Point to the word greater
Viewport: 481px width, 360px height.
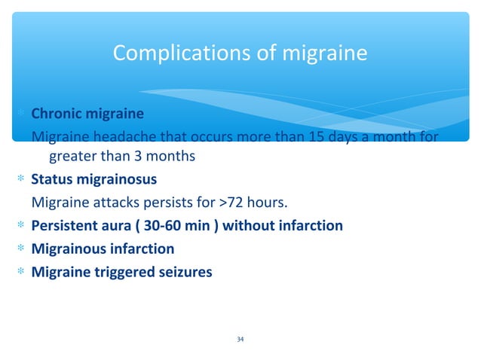pyautogui.click(x=75, y=157)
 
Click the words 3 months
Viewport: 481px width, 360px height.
pyautogui.click(x=163, y=157)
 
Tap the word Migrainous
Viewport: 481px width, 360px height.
pyautogui.click(x=67, y=249)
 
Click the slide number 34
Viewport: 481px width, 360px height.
pyautogui.click(x=240, y=340)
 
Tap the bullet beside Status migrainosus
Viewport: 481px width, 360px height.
pyautogui.click(x=23, y=180)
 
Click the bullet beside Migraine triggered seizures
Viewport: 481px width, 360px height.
pyautogui.click(x=23, y=272)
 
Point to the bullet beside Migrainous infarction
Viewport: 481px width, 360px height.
pyautogui.click(x=23, y=249)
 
